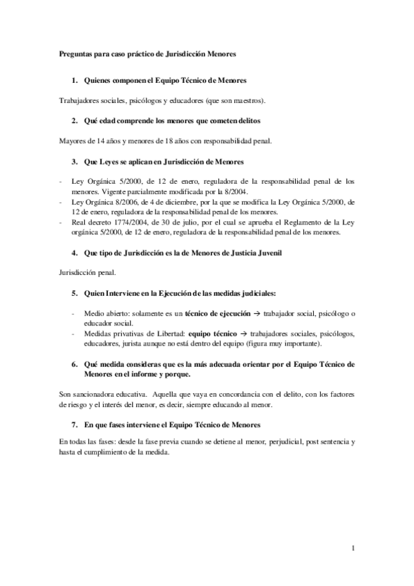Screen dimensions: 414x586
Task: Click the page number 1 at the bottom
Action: (353, 548)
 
